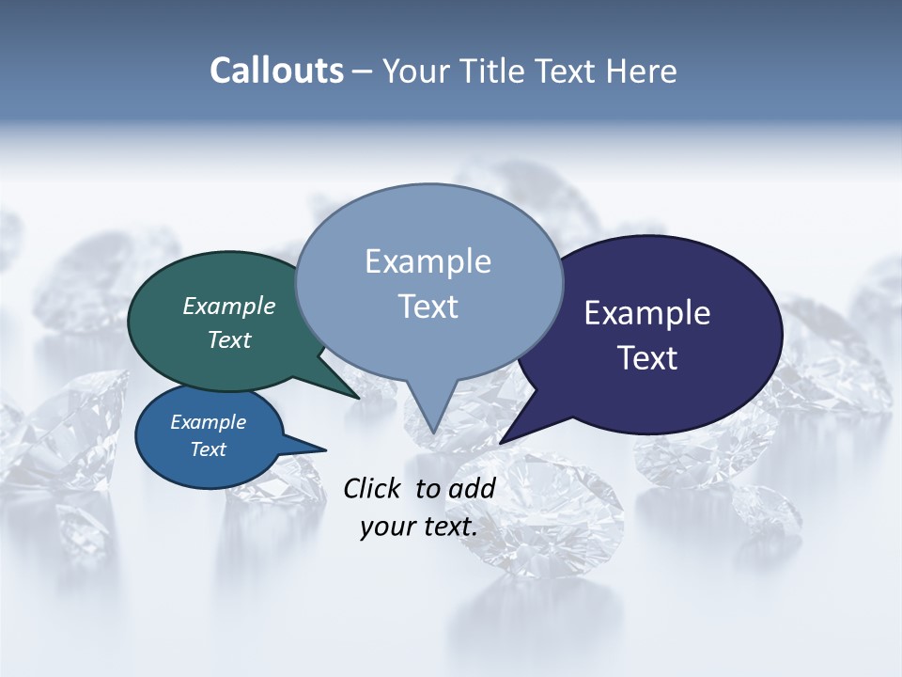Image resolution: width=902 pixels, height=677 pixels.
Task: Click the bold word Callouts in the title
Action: pyautogui.click(x=276, y=71)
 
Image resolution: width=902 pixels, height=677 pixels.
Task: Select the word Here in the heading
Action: pyautogui.click(x=642, y=71)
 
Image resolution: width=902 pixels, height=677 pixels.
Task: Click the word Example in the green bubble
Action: pyautogui.click(x=229, y=306)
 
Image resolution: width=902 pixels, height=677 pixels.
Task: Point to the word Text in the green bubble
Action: pyautogui.click(x=229, y=339)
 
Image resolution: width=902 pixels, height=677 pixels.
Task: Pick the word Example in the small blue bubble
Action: pyautogui.click(x=208, y=422)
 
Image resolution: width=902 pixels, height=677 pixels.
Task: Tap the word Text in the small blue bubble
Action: pyautogui.click(x=208, y=449)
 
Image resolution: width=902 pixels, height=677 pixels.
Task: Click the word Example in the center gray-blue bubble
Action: pyautogui.click(x=428, y=261)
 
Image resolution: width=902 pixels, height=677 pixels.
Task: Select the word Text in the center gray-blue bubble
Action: pyautogui.click(x=428, y=307)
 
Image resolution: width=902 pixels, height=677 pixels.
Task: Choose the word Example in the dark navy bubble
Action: pyautogui.click(x=647, y=313)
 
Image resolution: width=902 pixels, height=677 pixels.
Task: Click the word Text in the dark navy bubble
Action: pyautogui.click(x=647, y=358)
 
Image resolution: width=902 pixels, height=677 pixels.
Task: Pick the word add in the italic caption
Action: pyautogui.click(x=472, y=488)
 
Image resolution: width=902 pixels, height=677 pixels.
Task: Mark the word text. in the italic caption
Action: pyautogui.click(x=447, y=527)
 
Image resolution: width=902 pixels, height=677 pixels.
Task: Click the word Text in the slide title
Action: pyautogui.click(x=566, y=71)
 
